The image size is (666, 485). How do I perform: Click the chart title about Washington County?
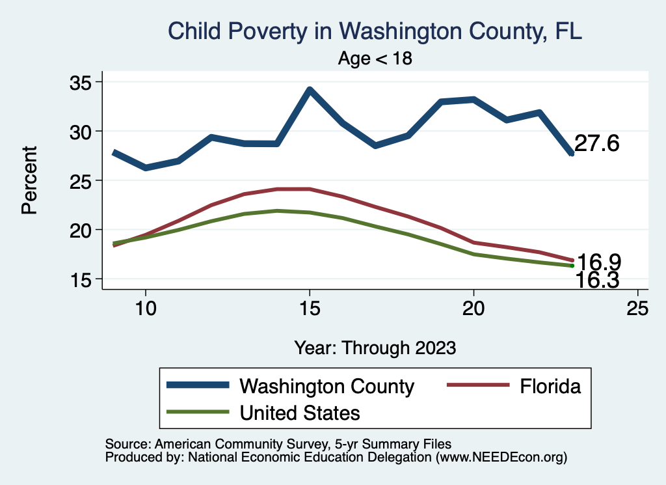[x=374, y=31]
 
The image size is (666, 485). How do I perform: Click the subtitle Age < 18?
[x=375, y=59]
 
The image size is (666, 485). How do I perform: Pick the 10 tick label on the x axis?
[x=145, y=308]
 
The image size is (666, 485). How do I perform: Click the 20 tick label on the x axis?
[x=473, y=308]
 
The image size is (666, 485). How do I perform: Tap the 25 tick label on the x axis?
[x=637, y=308]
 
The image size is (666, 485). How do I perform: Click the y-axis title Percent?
[x=29, y=180]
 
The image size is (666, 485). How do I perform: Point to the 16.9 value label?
[x=598, y=262]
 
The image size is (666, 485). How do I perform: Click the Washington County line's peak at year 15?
[x=310, y=89]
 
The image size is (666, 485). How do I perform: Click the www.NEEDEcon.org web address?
[x=501, y=458]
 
